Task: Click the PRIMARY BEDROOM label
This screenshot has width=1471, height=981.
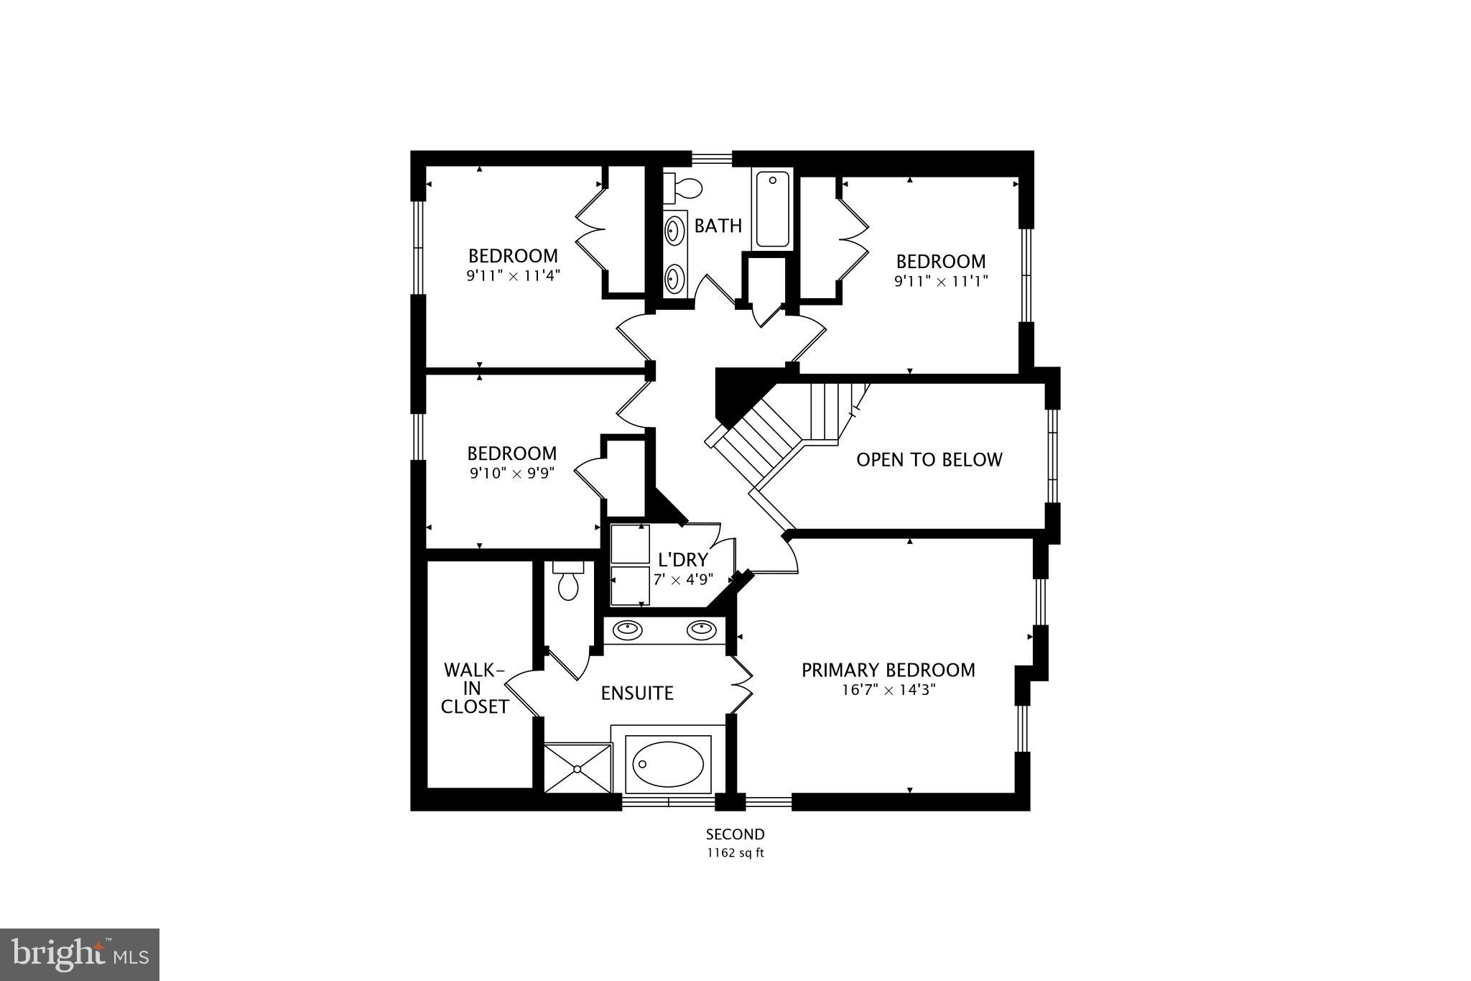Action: click(888, 670)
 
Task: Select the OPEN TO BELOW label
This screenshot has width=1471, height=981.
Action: click(929, 460)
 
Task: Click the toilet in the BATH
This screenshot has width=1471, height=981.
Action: click(687, 188)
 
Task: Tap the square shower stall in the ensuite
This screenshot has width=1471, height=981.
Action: click(577, 768)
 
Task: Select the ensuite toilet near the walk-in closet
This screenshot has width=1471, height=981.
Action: click(568, 583)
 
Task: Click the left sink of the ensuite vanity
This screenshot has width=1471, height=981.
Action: click(628, 630)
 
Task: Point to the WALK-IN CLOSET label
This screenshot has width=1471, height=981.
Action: click(474, 688)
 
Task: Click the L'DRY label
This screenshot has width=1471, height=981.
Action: click(682, 559)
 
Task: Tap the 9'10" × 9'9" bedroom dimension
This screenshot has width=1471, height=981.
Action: click(511, 473)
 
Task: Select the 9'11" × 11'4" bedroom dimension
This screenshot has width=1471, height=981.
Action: click(512, 275)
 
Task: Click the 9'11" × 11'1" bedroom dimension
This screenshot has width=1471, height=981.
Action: click(940, 281)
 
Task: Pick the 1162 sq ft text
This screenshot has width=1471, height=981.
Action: click(735, 853)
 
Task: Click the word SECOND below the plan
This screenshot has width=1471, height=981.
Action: click(735, 834)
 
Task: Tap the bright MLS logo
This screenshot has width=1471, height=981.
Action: click(80, 954)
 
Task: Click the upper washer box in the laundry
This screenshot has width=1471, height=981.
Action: click(629, 544)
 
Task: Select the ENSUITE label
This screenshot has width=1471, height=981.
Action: click(637, 694)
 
